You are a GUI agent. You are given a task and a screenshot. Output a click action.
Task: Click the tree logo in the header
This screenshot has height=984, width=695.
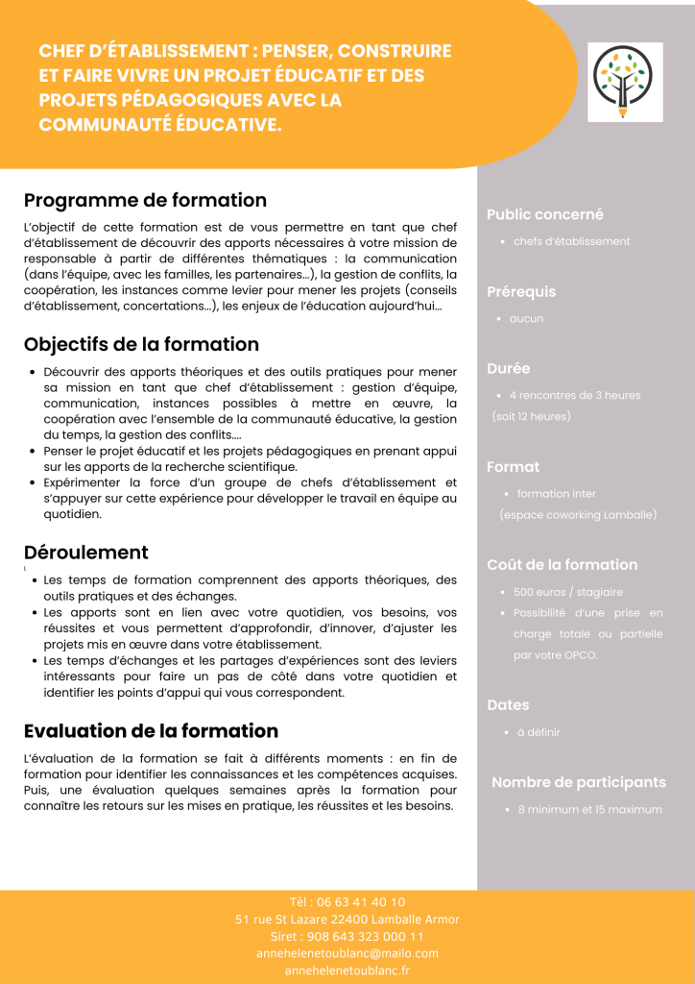click(x=625, y=82)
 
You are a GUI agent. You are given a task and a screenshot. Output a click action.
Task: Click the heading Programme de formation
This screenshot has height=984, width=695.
click(x=145, y=200)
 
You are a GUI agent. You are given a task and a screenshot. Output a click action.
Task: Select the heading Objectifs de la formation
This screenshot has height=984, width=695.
click(x=141, y=344)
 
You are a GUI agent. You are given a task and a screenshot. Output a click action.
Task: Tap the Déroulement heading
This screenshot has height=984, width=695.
click(x=85, y=553)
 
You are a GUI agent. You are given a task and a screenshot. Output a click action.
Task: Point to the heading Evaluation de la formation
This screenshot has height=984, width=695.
click(x=151, y=731)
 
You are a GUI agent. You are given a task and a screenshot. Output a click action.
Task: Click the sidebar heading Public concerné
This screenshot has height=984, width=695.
click(x=544, y=214)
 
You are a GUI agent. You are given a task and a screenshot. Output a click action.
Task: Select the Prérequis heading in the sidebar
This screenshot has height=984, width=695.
click(x=520, y=291)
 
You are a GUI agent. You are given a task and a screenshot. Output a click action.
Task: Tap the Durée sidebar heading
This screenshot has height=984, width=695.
click(x=508, y=368)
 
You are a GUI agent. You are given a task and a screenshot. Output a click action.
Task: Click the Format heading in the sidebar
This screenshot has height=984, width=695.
click(x=513, y=466)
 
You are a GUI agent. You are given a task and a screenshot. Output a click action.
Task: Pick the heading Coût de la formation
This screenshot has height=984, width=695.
click(x=562, y=564)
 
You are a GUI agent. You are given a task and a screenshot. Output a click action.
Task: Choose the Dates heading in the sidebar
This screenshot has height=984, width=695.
click(x=508, y=704)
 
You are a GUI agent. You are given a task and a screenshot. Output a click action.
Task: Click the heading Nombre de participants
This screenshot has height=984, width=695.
click(x=578, y=782)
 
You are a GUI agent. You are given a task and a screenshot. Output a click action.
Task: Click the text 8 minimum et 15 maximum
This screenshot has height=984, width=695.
click(x=589, y=810)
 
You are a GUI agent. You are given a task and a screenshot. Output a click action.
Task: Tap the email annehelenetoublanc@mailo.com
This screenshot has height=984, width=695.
click(x=347, y=953)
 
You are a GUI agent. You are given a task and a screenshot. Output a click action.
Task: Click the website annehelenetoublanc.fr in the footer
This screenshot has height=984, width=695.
click(x=347, y=971)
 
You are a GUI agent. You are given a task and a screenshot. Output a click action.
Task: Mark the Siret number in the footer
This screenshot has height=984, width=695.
click(x=347, y=936)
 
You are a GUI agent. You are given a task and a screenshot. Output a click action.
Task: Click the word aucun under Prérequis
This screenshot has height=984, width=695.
click(x=526, y=318)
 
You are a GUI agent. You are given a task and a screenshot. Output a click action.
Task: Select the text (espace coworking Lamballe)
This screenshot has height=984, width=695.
click(x=578, y=515)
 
